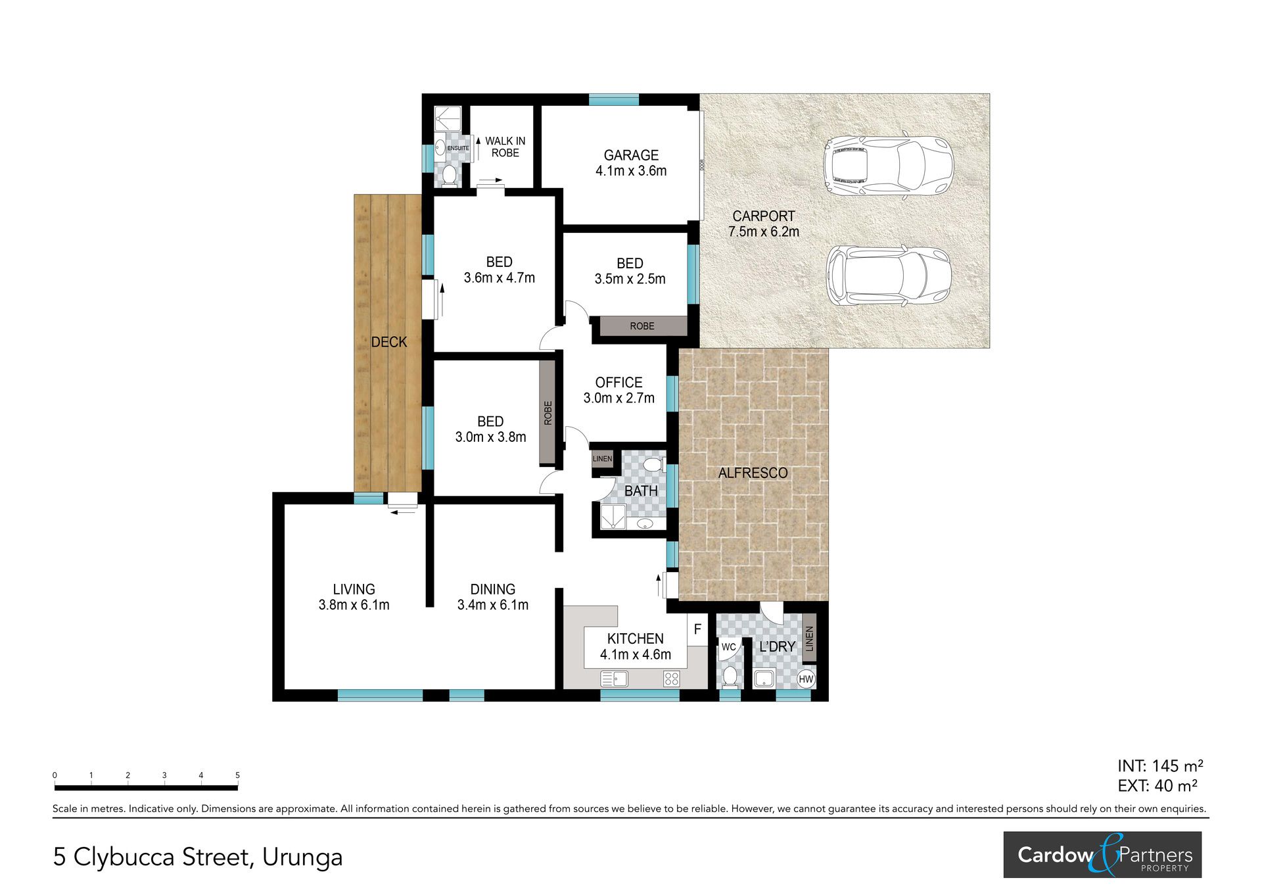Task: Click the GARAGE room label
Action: (x=631, y=156)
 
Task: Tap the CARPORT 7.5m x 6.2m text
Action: (x=764, y=224)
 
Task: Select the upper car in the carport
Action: (x=887, y=166)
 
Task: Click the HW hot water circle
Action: (x=806, y=679)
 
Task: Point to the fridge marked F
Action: (x=697, y=629)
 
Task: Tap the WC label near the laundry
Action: (x=728, y=647)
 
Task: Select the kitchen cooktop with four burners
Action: (x=671, y=679)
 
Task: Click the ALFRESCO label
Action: (x=753, y=473)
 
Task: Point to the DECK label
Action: (x=389, y=342)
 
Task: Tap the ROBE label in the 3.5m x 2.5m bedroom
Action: (x=642, y=326)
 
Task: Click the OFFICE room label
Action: (x=619, y=383)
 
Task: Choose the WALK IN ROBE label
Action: (x=505, y=147)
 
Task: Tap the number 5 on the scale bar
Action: (x=238, y=775)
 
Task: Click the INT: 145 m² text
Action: (x=1160, y=766)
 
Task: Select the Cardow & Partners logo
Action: (x=1102, y=855)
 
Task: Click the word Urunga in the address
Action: (x=302, y=857)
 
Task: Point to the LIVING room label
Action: (x=354, y=590)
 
